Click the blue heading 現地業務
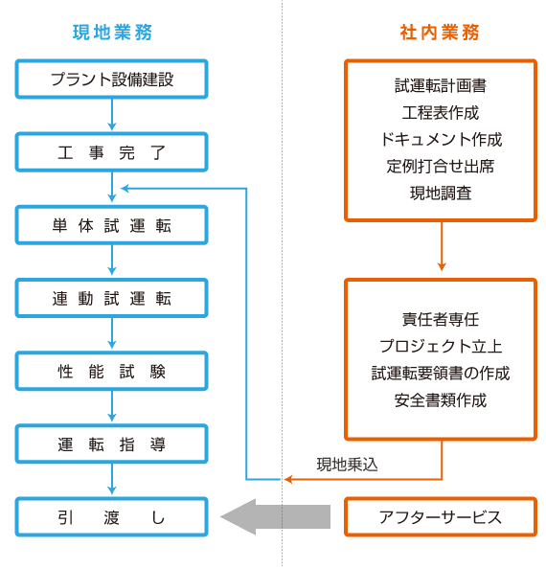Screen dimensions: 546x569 click(x=112, y=33)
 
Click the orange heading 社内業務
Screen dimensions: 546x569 click(x=440, y=33)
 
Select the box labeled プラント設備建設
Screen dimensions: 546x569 click(x=111, y=80)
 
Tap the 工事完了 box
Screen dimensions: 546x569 click(x=111, y=152)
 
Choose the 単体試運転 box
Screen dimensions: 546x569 click(x=111, y=225)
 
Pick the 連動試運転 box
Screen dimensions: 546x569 click(x=111, y=298)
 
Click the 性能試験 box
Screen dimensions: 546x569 click(x=111, y=372)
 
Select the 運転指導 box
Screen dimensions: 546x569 click(x=111, y=444)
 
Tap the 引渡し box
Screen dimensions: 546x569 click(x=111, y=517)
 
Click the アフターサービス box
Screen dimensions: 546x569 click(x=441, y=517)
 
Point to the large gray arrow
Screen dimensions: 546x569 click(x=275, y=516)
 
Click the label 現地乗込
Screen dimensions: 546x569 click(x=347, y=465)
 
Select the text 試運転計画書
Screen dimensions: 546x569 click(x=441, y=85)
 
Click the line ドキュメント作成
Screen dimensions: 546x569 click(x=441, y=139)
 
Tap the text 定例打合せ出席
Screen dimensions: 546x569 click(x=441, y=167)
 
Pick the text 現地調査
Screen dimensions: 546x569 click(x=441, y=193)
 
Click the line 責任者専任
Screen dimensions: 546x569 click(x=441, y=319)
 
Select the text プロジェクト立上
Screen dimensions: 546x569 click(x=441, y=346)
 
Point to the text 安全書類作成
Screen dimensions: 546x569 click(x=441, y=400)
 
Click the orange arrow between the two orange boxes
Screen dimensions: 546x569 click(x=442, y=246)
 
